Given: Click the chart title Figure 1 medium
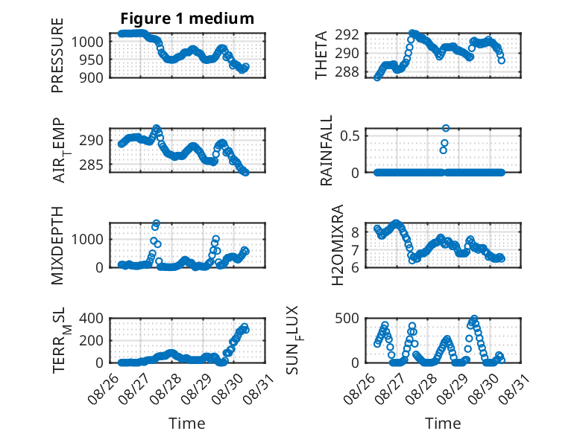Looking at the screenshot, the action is click(187, 19).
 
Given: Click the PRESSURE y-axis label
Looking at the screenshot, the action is click(57, 55).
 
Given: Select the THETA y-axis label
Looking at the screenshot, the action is click(321, 55).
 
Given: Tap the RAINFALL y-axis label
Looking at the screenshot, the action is click(327, 150).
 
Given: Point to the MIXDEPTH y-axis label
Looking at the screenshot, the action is click(57, 246).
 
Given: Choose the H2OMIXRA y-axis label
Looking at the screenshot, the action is click(338, 245).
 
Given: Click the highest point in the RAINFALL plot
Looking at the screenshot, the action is click(446, 128).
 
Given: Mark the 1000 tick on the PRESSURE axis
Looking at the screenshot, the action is click(87, 42).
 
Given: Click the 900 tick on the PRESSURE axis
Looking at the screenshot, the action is click(91, 77).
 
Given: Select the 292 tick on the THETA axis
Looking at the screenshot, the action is click(347, 35).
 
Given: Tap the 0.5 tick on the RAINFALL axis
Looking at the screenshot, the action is click(350, 135).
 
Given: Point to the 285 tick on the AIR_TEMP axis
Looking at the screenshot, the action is click(91, 165).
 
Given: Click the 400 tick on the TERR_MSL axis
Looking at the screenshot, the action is click(91, 318).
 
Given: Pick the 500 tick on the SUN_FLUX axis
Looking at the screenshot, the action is click(347, 318).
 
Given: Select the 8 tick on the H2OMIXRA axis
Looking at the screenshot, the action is click(355, 232).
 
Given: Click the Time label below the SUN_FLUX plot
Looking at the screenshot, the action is click(443, 423).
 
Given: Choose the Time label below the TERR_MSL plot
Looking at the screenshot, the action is click(187, 423).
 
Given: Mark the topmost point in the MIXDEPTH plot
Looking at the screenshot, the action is click(156, 223).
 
